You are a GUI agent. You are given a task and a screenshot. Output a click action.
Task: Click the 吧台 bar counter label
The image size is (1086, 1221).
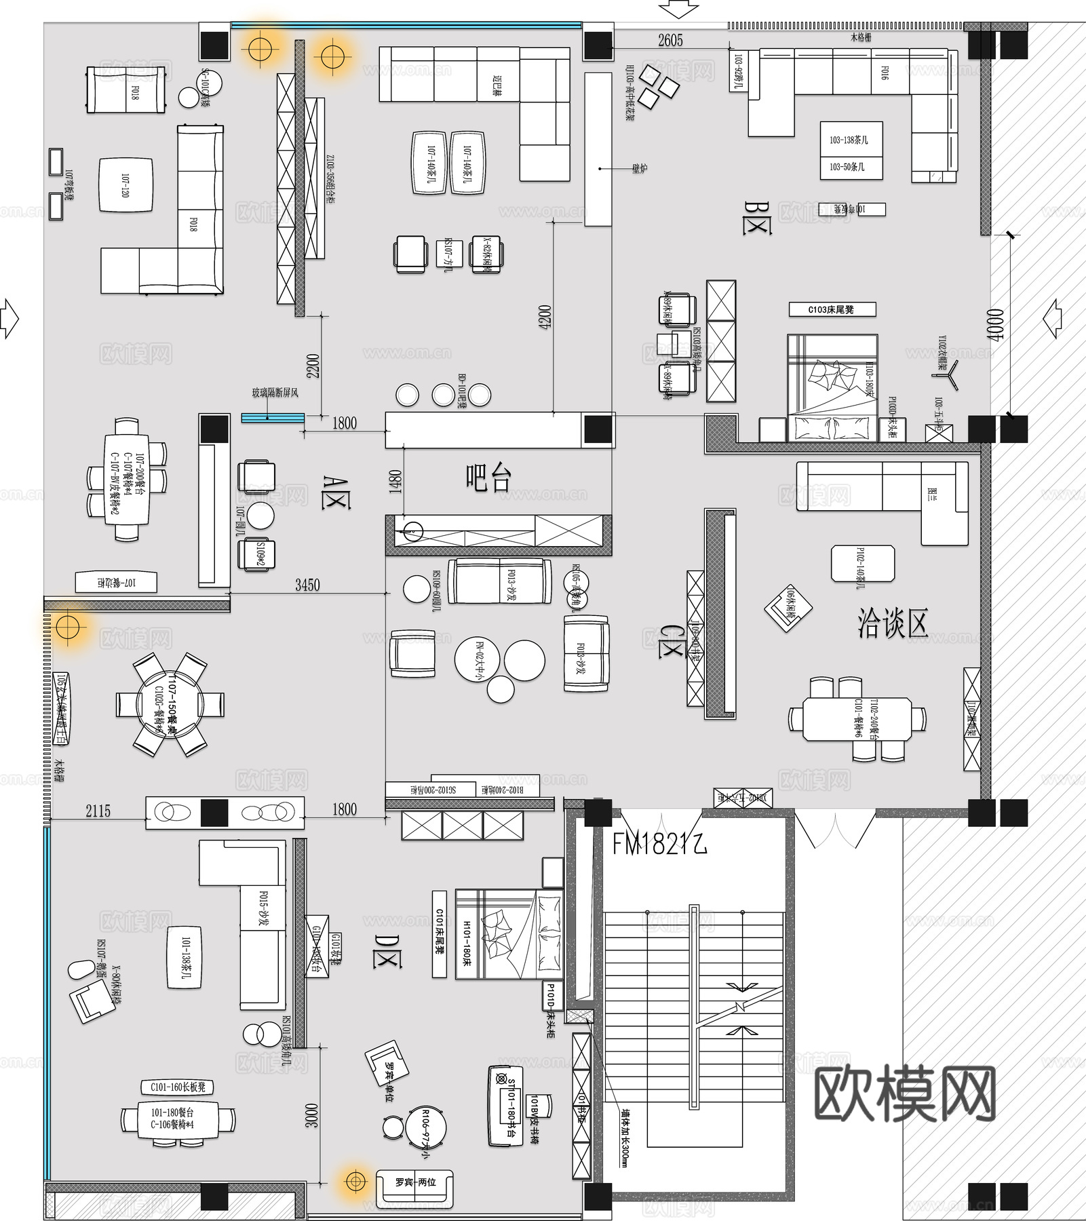click(488, 478)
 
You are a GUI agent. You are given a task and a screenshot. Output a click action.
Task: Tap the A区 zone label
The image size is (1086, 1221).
click(336, 492)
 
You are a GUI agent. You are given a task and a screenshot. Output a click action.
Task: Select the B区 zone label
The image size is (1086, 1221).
click(757, 217)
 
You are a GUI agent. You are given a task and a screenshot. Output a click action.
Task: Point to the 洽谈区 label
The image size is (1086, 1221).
click(892, 623)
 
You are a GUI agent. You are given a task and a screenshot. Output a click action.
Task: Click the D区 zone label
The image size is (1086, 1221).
click(387, 950)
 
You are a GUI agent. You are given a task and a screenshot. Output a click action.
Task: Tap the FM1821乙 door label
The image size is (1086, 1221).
click(659, 844)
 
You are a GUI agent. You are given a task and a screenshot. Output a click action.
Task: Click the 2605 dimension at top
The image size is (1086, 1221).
click(670, 41)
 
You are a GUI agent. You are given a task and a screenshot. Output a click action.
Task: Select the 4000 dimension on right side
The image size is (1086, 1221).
click(995, 325)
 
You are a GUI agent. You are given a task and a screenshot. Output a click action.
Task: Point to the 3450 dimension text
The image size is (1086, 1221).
click(307, 585)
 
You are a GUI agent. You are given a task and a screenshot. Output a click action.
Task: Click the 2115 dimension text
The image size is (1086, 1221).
click(98, 811)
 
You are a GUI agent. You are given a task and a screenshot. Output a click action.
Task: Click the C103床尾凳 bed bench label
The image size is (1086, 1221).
click(832, 310)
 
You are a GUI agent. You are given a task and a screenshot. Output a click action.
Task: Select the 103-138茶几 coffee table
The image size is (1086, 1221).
click(851, 140)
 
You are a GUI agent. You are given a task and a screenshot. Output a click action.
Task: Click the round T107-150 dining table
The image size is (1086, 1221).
click(170, 704)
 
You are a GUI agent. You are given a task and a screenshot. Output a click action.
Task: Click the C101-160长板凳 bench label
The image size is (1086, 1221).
click(178, 1087)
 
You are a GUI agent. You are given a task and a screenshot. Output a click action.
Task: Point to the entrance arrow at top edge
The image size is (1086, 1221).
click(678, 9)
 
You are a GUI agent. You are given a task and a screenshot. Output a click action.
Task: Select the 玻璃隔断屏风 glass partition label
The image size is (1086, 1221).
click(275, 393)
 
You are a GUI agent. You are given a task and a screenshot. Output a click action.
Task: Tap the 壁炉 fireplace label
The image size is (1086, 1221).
click(639, 168)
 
